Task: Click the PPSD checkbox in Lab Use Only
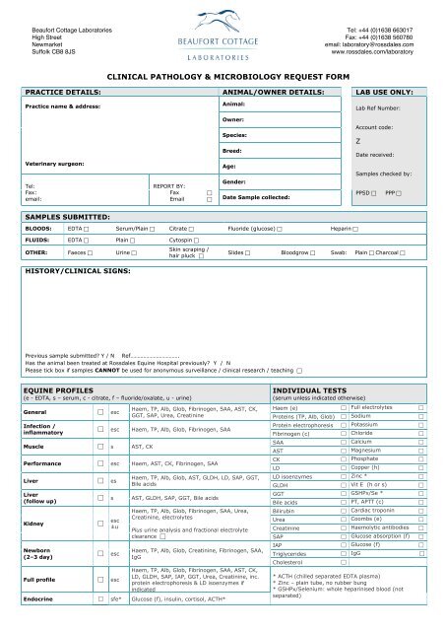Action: coord(376,191)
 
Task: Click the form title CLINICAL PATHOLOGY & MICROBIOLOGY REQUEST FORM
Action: coord(223,74)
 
